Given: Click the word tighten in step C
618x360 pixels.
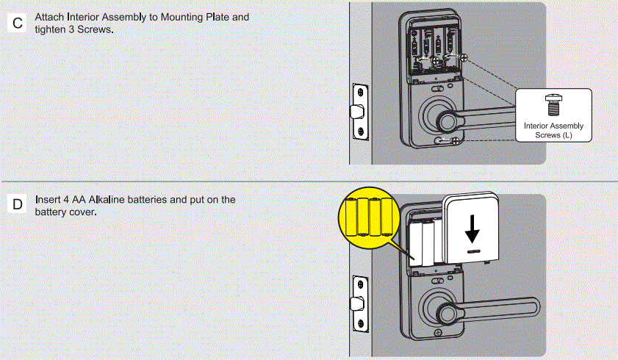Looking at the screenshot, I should coord(50,29).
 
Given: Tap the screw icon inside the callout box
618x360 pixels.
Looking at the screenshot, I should coord(553,104).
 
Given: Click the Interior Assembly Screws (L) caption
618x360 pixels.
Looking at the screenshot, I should coord(553,131).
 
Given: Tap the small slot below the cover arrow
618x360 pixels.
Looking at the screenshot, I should coord(473,252).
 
